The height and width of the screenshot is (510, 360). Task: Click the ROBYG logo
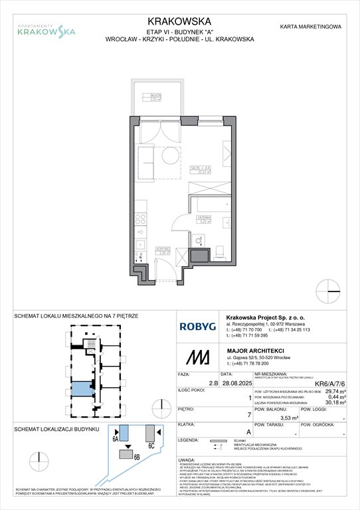(197, 326)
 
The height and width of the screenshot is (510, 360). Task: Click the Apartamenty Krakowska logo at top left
(46, 29)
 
